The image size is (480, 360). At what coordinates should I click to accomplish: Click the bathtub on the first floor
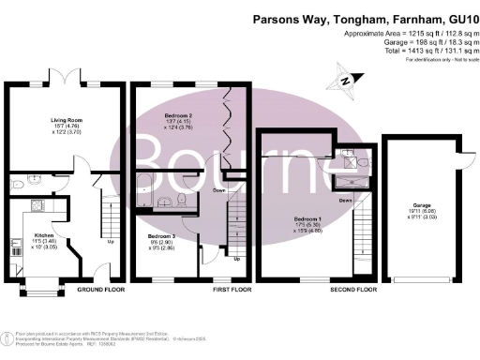pos(144,191)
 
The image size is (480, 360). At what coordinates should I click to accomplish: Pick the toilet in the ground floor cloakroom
pos(17,184)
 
